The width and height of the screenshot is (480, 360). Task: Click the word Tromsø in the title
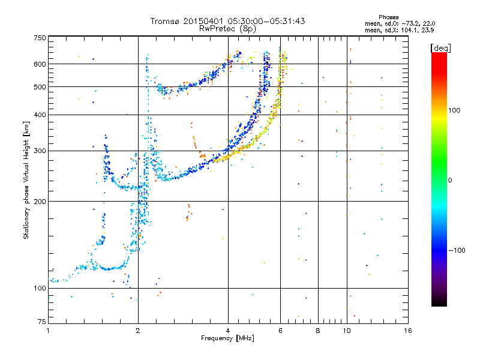pos(166,21)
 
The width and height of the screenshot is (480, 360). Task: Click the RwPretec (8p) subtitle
pos(227,29)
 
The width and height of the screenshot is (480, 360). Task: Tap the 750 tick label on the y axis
pos(40,38)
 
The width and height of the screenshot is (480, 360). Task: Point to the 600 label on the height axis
pos(40,64)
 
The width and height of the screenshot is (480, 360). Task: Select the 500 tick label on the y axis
pos(40,87)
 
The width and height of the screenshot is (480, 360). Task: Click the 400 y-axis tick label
pos(40,115)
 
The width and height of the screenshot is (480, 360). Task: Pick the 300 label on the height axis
pos(40,151)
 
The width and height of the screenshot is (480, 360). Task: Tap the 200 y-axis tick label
pos(40,202)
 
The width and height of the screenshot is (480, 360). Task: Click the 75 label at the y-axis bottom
pos(42,322)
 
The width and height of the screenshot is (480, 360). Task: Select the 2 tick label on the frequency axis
pos(138,331)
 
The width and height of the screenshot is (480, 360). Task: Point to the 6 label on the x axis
pos(280,331)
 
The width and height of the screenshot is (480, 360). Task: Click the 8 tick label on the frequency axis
pos(318,331)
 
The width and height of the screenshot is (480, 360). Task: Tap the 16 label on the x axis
pos(408,331)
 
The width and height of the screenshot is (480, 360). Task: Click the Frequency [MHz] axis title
pos(227,338)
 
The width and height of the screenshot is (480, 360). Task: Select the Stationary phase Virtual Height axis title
pos(26,181)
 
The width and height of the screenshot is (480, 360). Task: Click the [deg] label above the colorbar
pos(440,48)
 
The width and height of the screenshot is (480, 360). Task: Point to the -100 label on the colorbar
pos(457,250)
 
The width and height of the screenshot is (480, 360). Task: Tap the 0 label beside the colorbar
pos(449,181)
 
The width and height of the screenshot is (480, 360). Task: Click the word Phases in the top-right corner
pos(388,17)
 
